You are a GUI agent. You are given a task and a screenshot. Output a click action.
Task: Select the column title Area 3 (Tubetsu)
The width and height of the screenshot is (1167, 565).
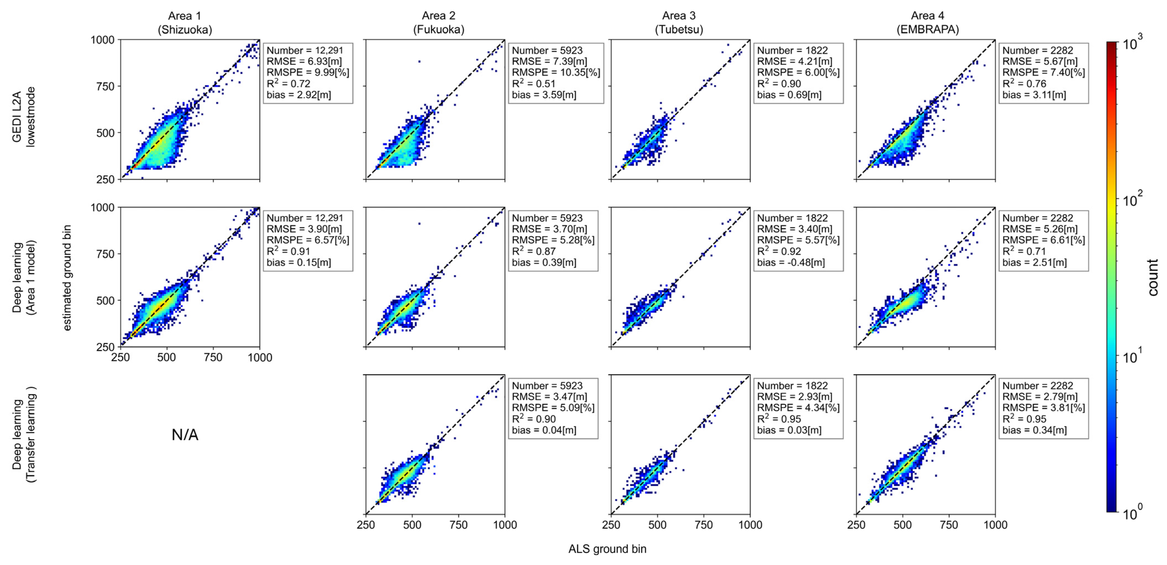point(679,23)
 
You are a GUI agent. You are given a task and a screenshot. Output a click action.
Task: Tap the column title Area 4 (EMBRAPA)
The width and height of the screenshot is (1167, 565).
point(927,23)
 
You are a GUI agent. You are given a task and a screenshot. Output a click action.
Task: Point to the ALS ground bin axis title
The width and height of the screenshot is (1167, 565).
point(607,549)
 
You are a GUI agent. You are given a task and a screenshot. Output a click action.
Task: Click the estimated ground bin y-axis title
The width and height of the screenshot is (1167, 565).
point(67,277)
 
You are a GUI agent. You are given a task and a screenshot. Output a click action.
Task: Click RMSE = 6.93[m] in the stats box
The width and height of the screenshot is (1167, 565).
point(304,61)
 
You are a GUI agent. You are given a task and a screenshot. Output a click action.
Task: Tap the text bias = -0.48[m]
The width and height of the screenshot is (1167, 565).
point(790,262)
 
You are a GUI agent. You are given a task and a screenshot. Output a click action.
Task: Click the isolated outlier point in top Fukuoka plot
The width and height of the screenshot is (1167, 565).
point(419,61)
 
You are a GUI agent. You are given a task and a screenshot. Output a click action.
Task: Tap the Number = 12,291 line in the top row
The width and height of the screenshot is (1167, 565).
point(305,50)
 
